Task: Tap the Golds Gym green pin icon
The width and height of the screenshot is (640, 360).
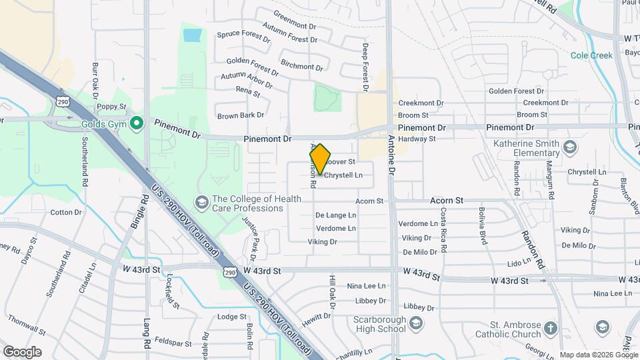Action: pos(137,123)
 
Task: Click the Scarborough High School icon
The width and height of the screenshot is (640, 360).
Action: pos(416,323)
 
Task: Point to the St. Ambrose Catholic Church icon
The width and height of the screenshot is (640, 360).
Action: pos(550,328)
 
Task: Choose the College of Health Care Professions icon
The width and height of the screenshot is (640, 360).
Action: pos(201,202)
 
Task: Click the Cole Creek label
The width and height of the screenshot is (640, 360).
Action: pos(591,56)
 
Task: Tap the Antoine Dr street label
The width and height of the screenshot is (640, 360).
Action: pos(392,153)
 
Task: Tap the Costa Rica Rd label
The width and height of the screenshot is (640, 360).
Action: pos(443,229)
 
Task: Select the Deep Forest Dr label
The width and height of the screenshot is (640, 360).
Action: pos(365,67)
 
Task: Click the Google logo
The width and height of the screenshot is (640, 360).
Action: pos(22,351)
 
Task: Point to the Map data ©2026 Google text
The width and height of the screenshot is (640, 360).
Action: pos(597,355)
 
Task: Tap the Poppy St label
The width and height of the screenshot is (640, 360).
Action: pos(111,106)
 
